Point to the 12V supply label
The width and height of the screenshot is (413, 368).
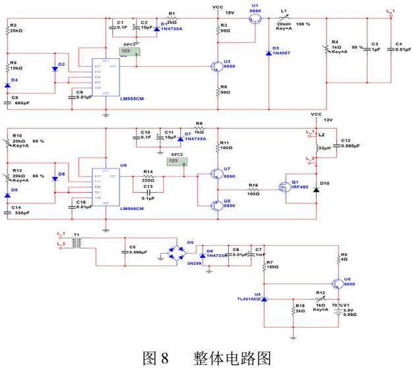328,119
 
